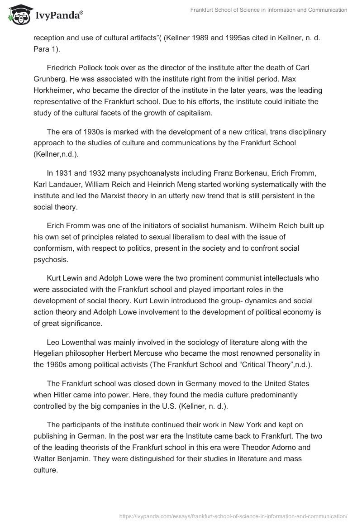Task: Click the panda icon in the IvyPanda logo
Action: tap(18, 14)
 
